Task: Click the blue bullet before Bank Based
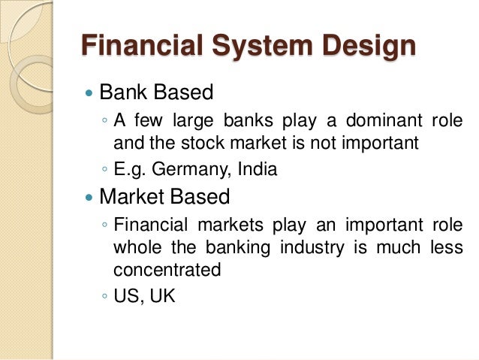pyautogui.click(x=89, y=94)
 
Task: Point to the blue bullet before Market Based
pyautogui.click(x=89, y=198)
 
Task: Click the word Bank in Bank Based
pyautogui.click(x=124, y=93)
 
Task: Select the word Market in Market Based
pyautogui.click(x=135, y=197)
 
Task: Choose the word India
pyautogui.click(x=255, y=169)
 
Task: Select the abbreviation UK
pyautogui.click(x=161, y=296)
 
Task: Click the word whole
pyautogui.click(x=135, y=247)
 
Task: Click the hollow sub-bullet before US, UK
pyautogui.click(x=104, y=298)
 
